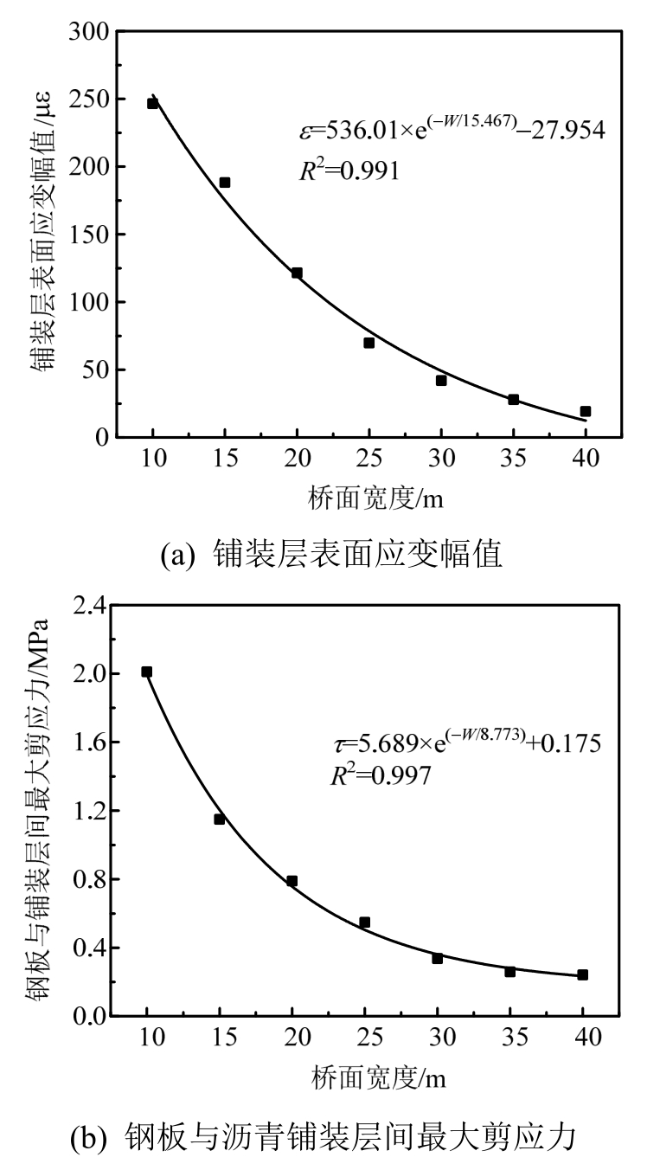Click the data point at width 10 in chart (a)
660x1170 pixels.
(x=153, y=103)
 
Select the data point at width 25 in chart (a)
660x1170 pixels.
(x=369, y=343)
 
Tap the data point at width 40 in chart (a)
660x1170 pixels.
(x=586, y=411)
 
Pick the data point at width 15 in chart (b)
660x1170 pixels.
(x=220, y=819)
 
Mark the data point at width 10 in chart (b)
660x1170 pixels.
(x=147, y=672)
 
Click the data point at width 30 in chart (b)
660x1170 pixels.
(x=438, y=958)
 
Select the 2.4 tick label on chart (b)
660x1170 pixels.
(x=91, y=605)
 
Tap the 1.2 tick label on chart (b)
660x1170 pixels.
(x=91, y=811)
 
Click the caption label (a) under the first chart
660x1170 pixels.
(x=181, y=555)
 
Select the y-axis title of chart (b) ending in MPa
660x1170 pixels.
(x=38, y=809)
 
